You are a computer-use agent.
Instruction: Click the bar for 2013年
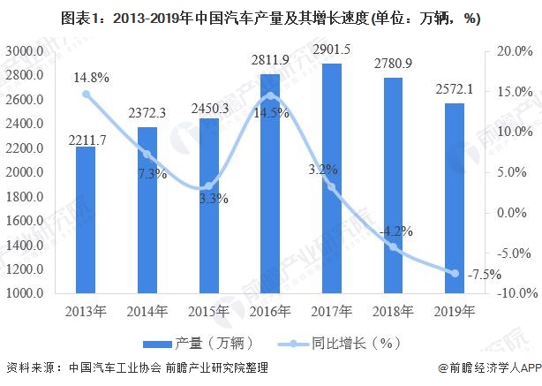pos(86,221)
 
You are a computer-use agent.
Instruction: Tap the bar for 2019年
pos(455,199)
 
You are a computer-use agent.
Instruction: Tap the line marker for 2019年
pos(455,273)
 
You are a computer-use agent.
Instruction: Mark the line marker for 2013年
pos(86,94)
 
